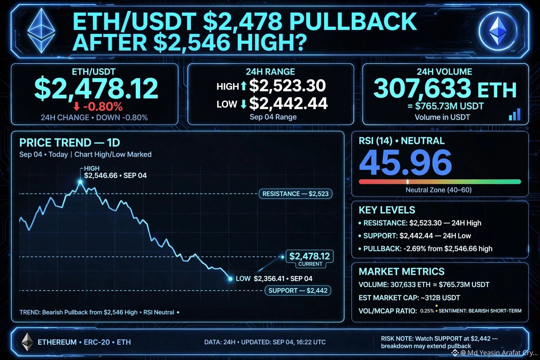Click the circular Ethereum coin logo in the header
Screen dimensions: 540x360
pyautogui.click(x=498, y=31)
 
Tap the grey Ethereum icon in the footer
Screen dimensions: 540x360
pyautogui.click(x=27, y=342)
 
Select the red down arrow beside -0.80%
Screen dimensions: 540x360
pyautogui.click(x=76, y=107)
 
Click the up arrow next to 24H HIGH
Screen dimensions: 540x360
pyautogui.click(x=243, y=86)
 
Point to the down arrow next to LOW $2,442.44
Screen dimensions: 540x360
pyautogui.click(x=244, y=104)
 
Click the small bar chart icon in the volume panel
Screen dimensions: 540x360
pyautogui.click(x=515, y=114)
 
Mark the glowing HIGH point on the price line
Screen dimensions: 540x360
pyautogui.click(x=80, y=182)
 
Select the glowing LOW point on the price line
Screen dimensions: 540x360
pyautogui.click(x=230, y=279)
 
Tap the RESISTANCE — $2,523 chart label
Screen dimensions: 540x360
pyautogui.click(x=295, y=194)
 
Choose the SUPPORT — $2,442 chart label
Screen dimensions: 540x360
pyautogui.click(x=298, y=291)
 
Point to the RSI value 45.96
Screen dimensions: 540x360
pyautogui.click(x=405, y=162)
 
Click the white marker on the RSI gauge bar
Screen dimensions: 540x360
pyautogui.click(x=408, y=182)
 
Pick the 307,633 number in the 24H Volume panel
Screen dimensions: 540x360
pyautogui.click(x=422, y=88)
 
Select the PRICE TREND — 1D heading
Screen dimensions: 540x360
pyautogui.click(x=70, y=143)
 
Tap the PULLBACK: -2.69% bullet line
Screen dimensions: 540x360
pyautogui.click(x=426, y=249)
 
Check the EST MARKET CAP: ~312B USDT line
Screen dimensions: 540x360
pyautogui.click(x=409, y=298)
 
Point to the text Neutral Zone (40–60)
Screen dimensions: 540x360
pyautogui.click(x=438, y=190)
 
